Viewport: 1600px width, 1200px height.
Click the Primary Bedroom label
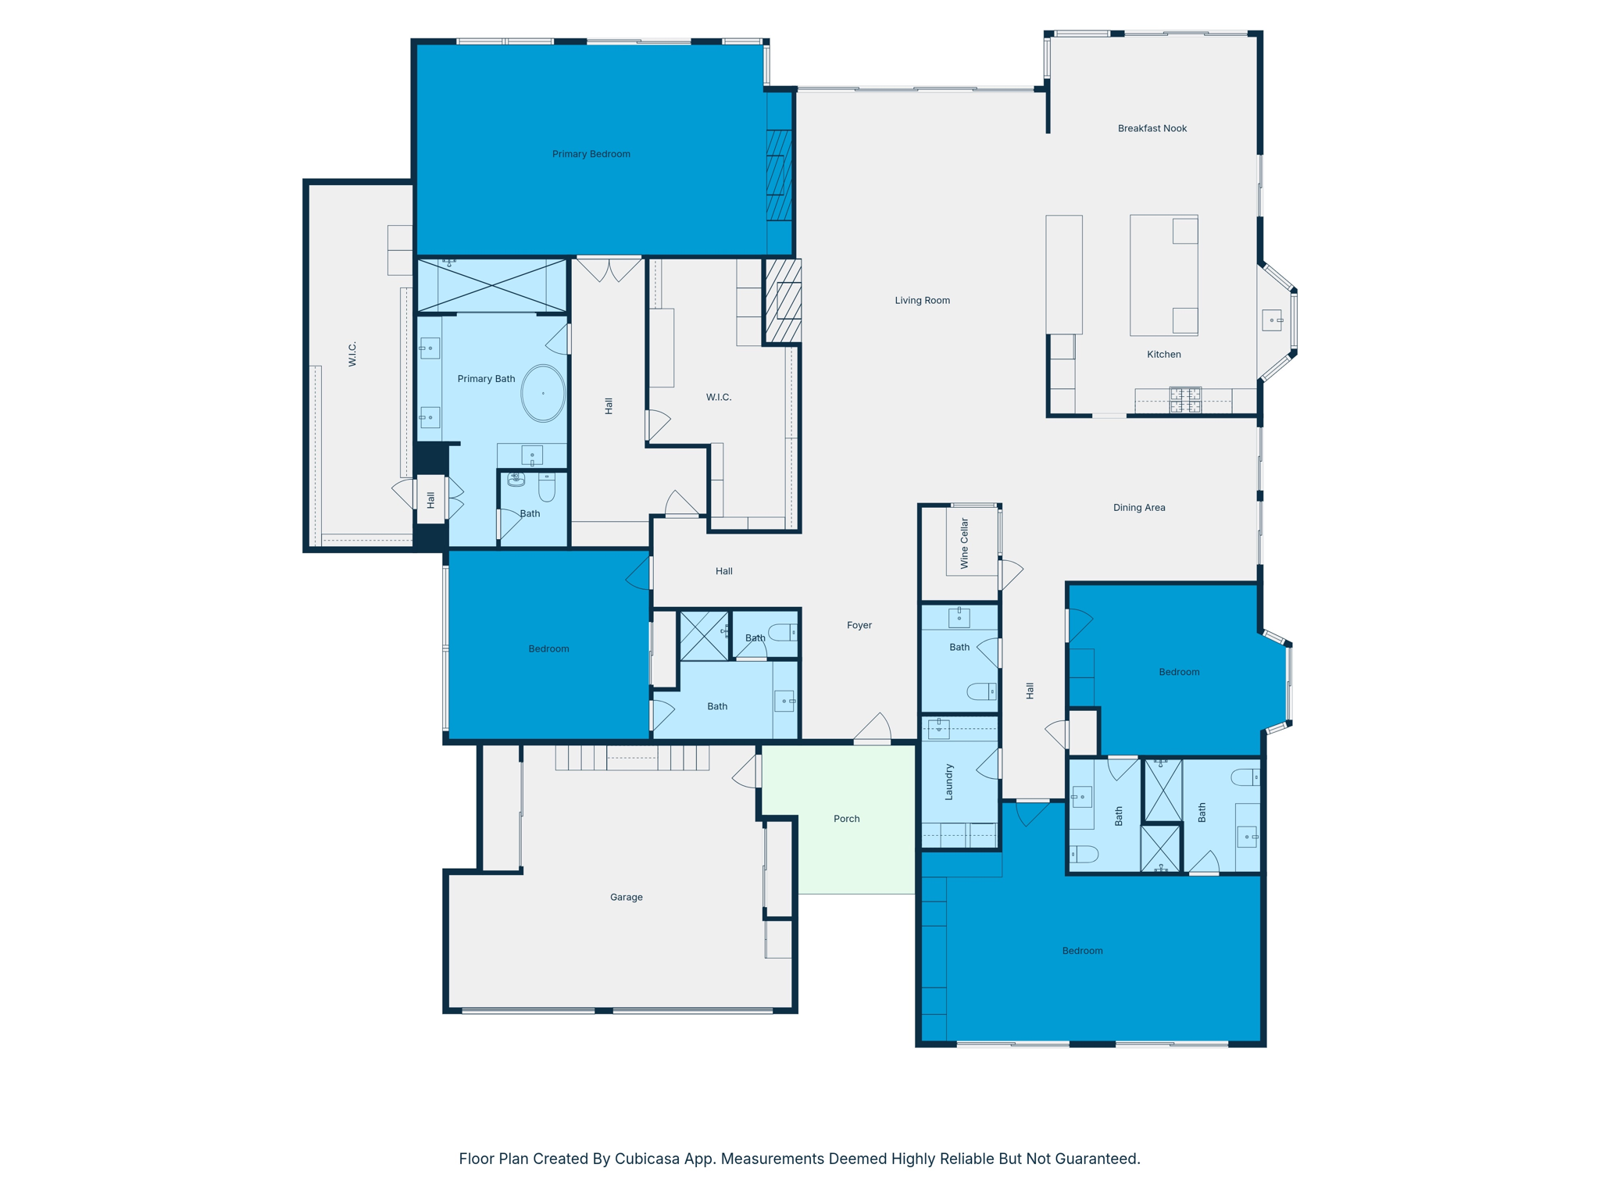(591, 154)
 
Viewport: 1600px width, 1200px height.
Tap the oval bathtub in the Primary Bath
(543, 393)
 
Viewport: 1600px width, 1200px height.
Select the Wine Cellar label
(964, 543)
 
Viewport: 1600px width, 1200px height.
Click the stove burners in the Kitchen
(1184, 400)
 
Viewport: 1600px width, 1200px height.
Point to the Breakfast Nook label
(1152, 128)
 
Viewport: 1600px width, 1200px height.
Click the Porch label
(846, 819)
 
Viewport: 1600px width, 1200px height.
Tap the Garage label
(626, 897)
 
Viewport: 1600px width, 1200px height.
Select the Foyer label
(859, 625)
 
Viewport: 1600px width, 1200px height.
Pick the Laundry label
(949, 782)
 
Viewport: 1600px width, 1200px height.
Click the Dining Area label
(1138, 508)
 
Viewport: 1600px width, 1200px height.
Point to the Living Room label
(922, 300)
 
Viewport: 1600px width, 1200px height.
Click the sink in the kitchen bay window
(1272, 320)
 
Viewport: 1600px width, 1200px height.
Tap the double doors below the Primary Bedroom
(609, 270)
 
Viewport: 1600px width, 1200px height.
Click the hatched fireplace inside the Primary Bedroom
(779, 175)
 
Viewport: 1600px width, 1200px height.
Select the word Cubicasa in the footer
(648, 1159)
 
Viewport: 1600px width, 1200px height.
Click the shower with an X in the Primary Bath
(491, 286)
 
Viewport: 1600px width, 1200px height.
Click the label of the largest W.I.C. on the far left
(352, 354)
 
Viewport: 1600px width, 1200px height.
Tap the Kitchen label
(1163, 355)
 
